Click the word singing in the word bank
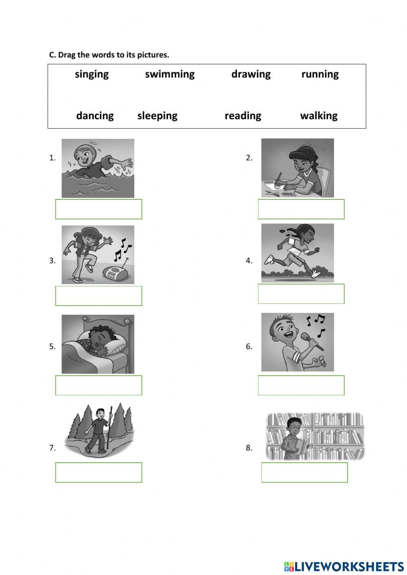[92, 74]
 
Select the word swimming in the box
[170, 74]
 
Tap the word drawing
[251, 74]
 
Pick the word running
[320, 74]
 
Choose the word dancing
[95, 116]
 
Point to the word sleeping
[157, 116]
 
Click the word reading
[243, 116]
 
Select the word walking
[319, 116]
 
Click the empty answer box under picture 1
[98, 209]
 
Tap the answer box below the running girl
[301, 294]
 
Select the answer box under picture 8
[304, 472]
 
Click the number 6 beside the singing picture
[249, 347]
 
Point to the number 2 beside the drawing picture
[249, 158]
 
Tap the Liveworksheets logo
[344, 566]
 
